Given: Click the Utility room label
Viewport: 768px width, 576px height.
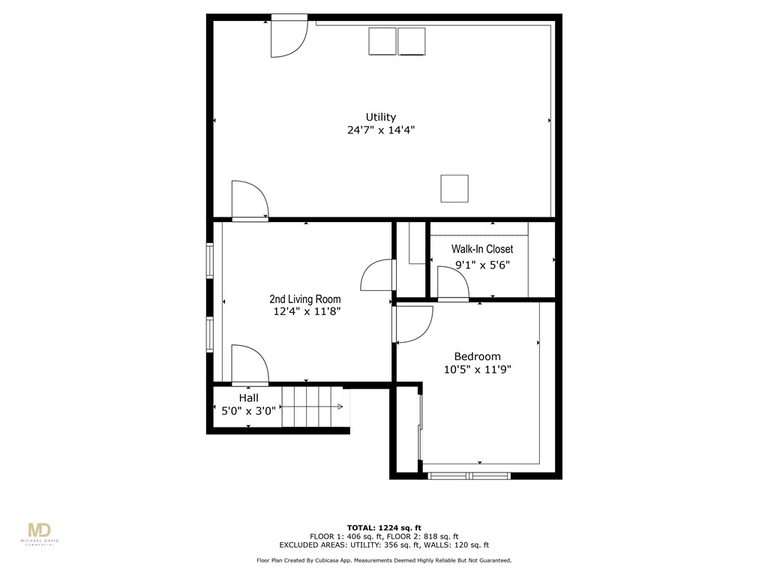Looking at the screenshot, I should (380, 117).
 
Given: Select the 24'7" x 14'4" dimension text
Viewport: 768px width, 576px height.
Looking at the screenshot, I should (380, 130).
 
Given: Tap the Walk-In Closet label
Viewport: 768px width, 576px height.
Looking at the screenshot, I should (481, 249).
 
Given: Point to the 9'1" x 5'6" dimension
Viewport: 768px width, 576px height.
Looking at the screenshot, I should (481, 265).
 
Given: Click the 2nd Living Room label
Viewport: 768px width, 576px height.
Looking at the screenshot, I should (305, 299).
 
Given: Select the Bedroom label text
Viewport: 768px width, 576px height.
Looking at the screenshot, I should (477, 356).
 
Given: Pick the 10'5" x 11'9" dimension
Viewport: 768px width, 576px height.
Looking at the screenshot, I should (477, 369).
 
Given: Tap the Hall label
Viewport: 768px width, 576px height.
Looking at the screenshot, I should (248, 397).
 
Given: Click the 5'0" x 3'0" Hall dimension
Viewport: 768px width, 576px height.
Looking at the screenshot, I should (248, 410).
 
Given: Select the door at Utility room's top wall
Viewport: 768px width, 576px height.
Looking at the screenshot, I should (288, 35).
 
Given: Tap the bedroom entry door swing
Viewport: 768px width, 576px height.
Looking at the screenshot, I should (412, 324).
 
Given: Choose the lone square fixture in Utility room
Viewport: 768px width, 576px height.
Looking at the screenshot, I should (454, 188).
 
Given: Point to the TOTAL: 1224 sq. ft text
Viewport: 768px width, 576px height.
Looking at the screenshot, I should (383, 527).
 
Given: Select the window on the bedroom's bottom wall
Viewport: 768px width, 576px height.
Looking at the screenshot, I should (469, 475).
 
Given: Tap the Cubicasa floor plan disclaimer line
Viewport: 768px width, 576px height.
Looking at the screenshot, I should (383, 560).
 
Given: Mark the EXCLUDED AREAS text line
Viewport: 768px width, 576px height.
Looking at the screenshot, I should (383, 545).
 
